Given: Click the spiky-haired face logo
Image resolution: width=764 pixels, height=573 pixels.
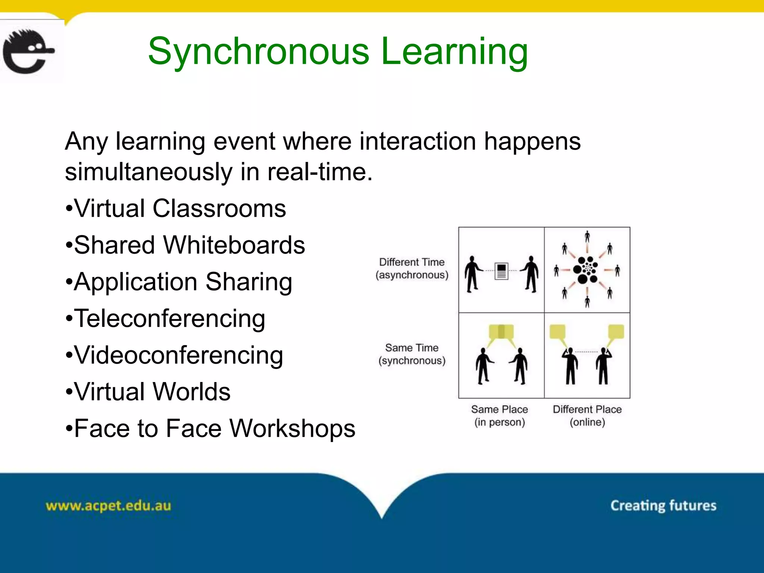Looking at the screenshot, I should (x=28, y=51).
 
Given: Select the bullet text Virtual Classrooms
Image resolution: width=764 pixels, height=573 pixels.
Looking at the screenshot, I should (x=180, y=208).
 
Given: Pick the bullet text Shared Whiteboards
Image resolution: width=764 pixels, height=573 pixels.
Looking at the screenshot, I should (x=190, y=245).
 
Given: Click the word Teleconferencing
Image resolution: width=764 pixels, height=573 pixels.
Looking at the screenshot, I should (x=170, y=319).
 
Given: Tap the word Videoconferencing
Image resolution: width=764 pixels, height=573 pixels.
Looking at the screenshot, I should (x=178, y=355).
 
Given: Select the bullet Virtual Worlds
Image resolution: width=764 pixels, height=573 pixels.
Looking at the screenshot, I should (x=152, y=392).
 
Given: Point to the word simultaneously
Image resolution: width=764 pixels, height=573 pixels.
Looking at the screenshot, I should (x=149, y=172).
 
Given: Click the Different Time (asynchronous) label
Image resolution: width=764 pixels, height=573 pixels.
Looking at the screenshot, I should (x=412, y=269).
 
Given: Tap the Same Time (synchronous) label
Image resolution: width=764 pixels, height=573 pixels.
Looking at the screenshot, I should (x=412, y=354).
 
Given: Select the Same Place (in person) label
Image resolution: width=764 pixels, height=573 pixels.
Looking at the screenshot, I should (x=500, y=416).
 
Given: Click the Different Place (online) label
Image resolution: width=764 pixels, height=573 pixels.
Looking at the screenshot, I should (x=587, y=416).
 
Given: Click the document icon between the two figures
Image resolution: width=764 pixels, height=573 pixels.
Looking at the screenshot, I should (x=501, y=271).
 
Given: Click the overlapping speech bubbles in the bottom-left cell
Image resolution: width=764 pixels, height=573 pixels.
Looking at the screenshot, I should (x=501, y=332).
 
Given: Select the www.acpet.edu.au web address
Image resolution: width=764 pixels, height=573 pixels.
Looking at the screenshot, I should (x=108, y=506).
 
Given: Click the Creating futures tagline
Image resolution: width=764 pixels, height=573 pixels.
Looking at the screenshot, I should (x=663, y=505).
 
